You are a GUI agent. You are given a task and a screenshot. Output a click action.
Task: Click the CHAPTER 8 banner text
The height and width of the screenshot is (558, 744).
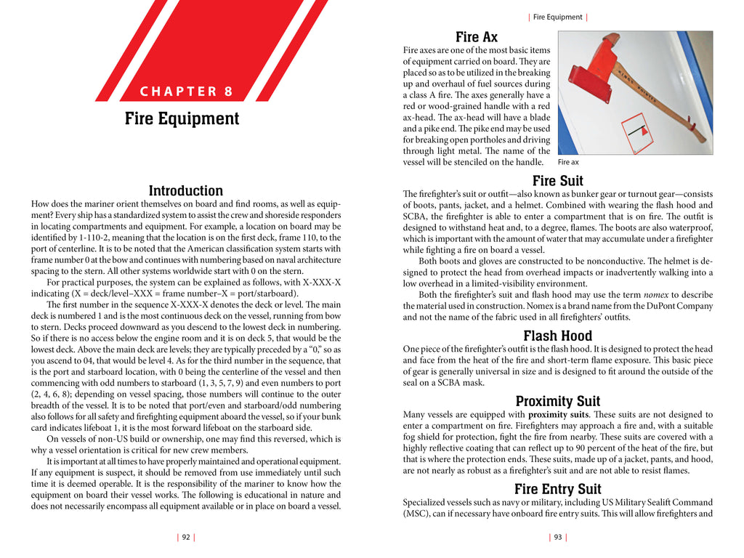[x=186, y=92]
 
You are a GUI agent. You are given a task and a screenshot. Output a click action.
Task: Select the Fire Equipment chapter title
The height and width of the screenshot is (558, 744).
[x=182, y=118]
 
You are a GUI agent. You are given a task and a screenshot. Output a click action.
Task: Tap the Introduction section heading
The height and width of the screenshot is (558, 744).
[x=185, y=190]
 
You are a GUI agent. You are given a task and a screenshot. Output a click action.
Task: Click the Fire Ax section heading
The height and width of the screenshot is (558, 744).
[x=477, y=37]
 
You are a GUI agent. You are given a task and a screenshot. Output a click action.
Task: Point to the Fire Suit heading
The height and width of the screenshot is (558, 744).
[x=557, y=181]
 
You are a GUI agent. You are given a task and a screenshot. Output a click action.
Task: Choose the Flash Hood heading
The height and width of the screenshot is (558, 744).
[x=557, y=336]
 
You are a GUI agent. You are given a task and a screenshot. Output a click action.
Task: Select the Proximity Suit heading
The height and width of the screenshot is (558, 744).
[x=557, y=401]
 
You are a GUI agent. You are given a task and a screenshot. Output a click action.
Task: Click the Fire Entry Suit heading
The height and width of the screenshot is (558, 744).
[x=557, y=489]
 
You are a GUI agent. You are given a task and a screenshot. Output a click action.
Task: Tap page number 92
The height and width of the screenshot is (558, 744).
[x=186, y=537]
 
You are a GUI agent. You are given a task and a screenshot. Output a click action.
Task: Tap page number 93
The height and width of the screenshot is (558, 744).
[x=558, y=537]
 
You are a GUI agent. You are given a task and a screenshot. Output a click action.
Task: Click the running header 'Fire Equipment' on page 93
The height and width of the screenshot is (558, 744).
[x=557, y=17]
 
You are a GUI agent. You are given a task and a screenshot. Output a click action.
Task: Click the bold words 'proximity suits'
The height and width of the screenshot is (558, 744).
[x=543, y=415]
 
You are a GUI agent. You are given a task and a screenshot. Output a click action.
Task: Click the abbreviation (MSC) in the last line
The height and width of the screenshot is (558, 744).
[x=419, y=514]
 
